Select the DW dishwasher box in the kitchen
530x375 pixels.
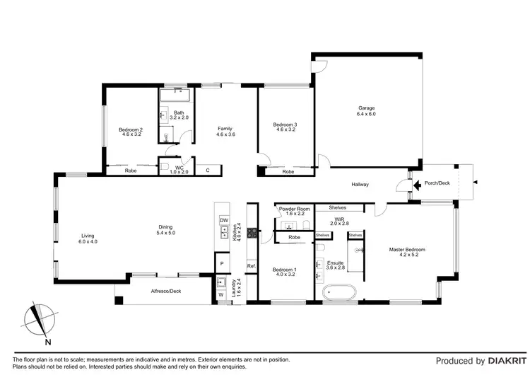tap(223, 221)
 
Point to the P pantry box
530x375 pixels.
tap(222, 263)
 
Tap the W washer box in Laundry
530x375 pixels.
tap(221, 294)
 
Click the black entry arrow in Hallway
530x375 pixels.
tap(406, 184)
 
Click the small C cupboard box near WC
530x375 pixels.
tap(208, 170)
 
